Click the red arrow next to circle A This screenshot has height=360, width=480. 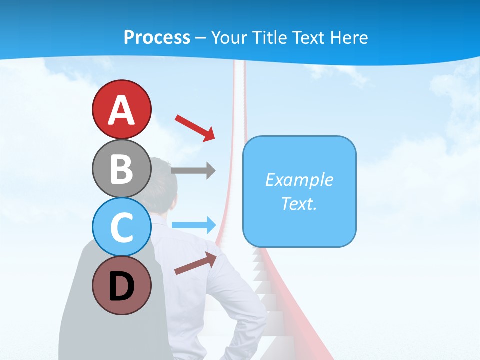coord(195,128)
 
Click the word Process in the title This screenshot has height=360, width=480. coord(157,37)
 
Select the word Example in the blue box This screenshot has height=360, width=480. coord(299,180)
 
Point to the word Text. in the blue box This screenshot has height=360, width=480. coord(299,203)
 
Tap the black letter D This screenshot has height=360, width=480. coord(121,286)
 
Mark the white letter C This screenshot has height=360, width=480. coord(121,227)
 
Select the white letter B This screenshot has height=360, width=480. coord(121,169)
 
